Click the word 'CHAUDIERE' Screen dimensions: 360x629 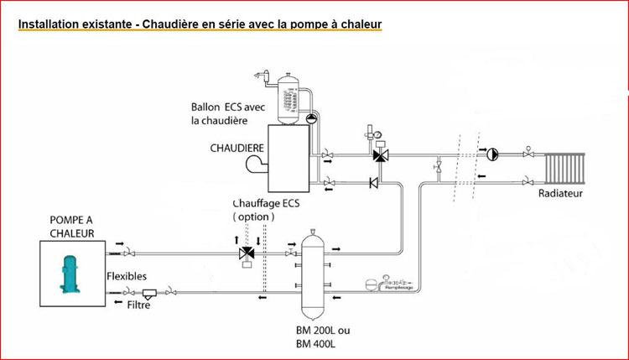click(237, 148)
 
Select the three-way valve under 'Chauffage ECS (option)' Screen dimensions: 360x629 click(248, 253)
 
